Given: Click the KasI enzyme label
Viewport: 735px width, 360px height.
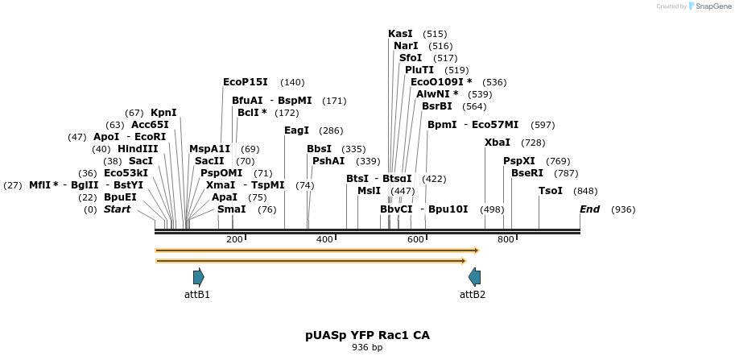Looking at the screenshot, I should tap(400, 34).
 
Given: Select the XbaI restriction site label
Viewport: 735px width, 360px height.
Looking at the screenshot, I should tap(497, 143).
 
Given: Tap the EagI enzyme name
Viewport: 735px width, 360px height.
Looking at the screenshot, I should tap(296, 130).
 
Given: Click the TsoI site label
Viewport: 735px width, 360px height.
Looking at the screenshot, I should tap(551, 191).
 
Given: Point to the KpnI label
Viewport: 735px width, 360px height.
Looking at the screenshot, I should tap(163, 113).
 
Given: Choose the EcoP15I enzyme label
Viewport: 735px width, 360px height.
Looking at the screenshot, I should tap(245, 82).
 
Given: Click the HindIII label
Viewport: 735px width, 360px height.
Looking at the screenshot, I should tap(138, 149).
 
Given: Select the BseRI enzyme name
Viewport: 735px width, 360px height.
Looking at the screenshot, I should tap(527, 173).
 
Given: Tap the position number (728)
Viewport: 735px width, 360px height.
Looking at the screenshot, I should tap(533, 143).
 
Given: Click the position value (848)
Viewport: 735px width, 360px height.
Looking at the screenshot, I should tap(585, 191).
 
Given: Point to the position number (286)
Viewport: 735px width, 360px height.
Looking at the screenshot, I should tap(331, 130).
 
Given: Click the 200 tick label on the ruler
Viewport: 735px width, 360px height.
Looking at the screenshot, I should tap(234, 240).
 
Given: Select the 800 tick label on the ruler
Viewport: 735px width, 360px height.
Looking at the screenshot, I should tap(506, 240).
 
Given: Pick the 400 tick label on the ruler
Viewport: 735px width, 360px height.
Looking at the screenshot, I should tap(324, 240).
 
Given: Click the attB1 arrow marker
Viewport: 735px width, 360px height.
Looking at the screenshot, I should tap(199, 277).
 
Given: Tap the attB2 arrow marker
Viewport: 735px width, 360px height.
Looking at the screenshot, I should tap(474, 277).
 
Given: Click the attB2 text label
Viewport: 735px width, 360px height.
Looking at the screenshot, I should tap(473, 295).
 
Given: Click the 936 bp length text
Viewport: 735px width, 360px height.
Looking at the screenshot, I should tap(367, 348).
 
